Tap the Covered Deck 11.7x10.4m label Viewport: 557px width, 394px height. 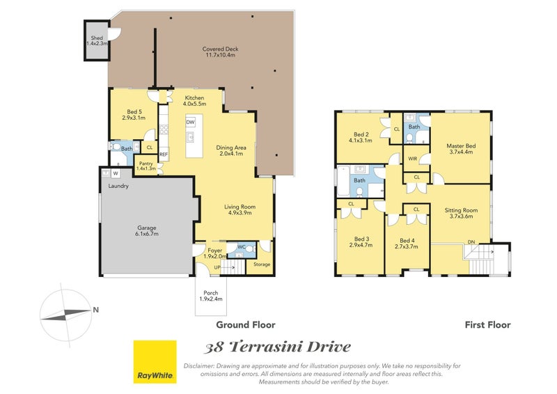tap(220, 52)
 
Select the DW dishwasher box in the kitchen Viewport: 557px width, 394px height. tap(190, 122)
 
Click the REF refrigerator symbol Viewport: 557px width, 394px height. tap(164, 155)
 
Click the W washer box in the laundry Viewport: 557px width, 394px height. tap(116, 174)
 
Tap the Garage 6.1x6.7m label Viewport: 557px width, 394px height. tap(147, 231)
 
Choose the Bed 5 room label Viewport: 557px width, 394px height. tap(134, 115)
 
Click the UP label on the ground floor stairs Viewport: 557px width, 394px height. tap(217, 267)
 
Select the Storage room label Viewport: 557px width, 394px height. tap(262, 265)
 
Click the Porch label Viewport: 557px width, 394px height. tap(211, 296)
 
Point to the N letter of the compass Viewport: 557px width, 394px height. tap(95, 310)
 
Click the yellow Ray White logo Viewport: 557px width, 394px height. tap(155, 362)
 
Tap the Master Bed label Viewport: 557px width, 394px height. tap(461, 148)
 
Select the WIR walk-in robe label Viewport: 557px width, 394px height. tap(412, 159)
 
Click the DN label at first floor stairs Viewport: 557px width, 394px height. tap(471, 242)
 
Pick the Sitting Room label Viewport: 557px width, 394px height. tap(461, 213)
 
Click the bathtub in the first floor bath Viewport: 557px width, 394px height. tap(343, 182)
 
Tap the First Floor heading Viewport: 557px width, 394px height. tap(488, 324)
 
